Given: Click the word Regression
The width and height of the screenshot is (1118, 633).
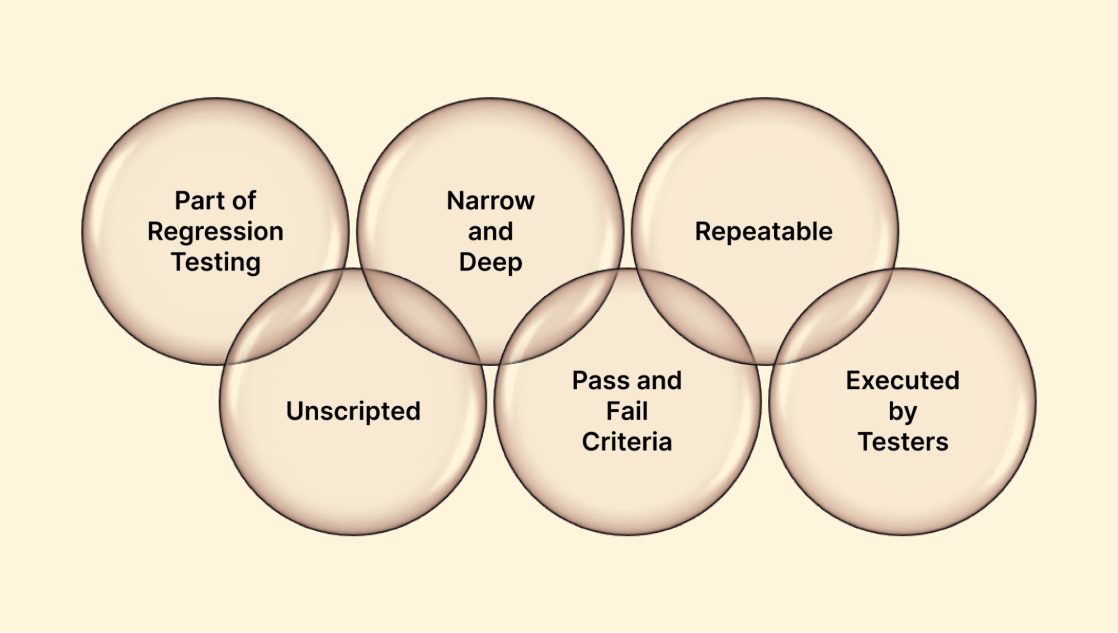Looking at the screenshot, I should (x=215, y=232).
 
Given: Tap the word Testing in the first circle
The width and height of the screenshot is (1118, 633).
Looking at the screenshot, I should (x=215, y=262).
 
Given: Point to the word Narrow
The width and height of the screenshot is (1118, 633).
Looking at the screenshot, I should (x=490, y=200).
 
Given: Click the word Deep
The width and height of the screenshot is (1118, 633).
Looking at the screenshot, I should (x=490, y=262).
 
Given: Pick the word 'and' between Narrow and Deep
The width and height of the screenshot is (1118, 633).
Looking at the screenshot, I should (x=490, y=232).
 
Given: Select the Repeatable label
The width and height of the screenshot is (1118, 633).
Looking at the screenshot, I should (x=763, y=232).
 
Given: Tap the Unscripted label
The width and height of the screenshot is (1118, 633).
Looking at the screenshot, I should (x=353, y=411).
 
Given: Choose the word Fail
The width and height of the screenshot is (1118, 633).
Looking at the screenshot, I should (x=627, y=411).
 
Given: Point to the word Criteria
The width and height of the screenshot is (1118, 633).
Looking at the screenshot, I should (x=627, y=442).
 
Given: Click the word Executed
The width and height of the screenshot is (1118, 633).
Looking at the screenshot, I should (x=902, y=381).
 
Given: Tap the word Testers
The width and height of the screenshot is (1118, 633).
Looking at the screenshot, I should (x=902, y=442).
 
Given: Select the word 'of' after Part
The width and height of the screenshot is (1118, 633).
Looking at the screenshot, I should (x=244, y=200).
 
